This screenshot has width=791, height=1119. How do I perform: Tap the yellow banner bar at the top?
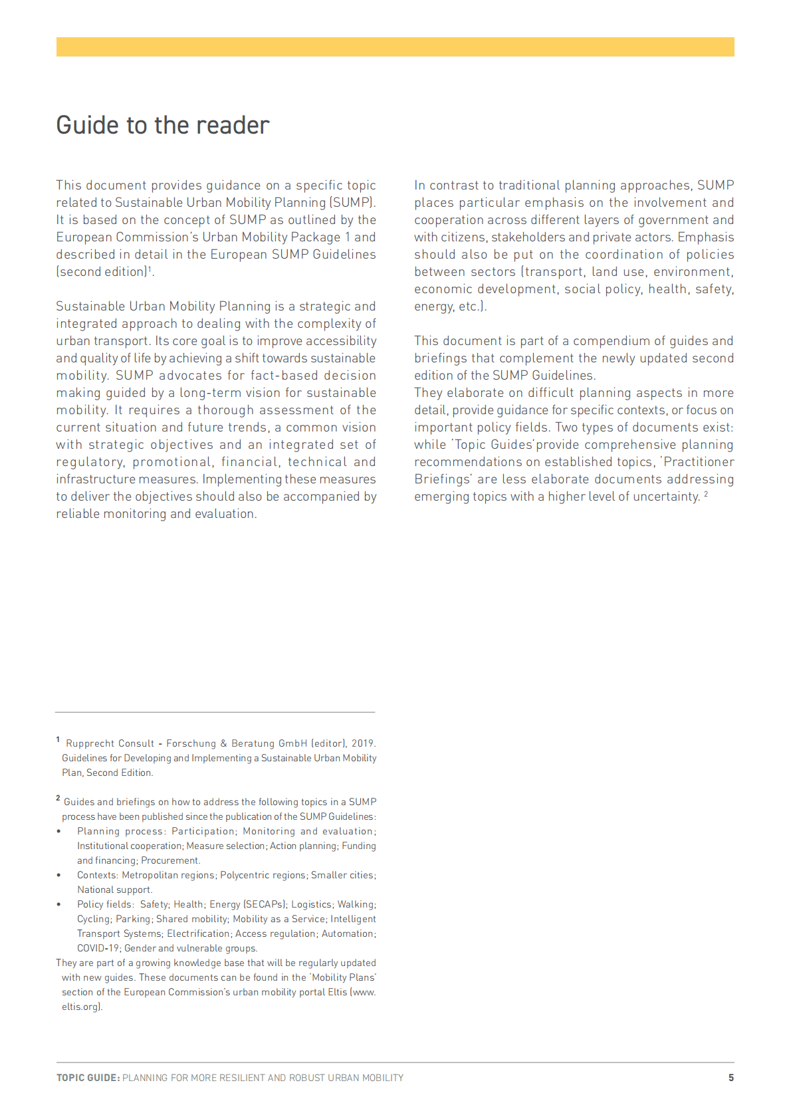[x=395, y=47]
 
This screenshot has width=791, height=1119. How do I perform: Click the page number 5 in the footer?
[x=731, y=1078]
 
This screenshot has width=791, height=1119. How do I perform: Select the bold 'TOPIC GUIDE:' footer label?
[x=88, y=1078]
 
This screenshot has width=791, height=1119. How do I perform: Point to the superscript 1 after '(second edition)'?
[x=150, y=269]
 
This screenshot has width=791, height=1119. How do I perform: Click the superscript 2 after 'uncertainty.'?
[x=706, y=494]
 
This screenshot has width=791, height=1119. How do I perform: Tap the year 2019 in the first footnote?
[x=363, y=743]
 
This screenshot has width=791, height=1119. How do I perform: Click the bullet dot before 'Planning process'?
[x=59, y=831]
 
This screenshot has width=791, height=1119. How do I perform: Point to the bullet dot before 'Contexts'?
[x=59, y=875]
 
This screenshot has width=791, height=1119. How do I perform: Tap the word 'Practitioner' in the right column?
[x=699, y=462]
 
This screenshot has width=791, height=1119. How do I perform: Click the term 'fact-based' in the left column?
[x=284, y=376]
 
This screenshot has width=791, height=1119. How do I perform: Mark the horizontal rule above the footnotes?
[x=215, y=712]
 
